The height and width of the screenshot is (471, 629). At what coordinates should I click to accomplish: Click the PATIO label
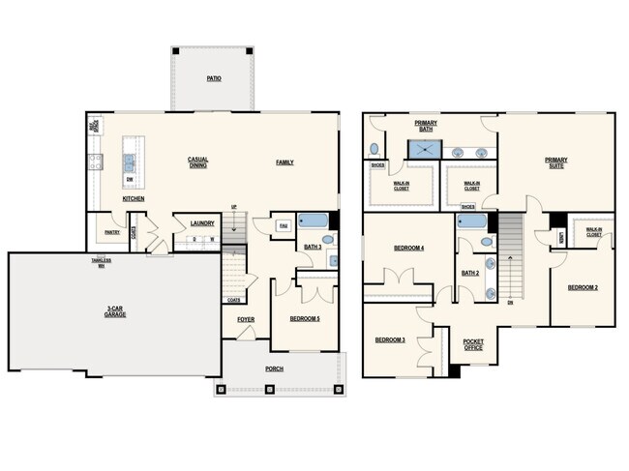213,77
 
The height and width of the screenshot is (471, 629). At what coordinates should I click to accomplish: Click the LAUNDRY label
201,221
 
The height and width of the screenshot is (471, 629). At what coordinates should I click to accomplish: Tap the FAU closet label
284,225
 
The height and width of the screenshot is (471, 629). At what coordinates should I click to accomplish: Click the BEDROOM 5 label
305,318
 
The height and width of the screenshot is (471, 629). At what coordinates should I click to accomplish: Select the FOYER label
247,318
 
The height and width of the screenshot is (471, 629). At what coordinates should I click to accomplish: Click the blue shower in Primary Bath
422,149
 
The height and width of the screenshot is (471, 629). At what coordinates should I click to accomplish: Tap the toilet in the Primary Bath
374,150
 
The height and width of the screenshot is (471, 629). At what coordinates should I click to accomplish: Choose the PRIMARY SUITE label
555,162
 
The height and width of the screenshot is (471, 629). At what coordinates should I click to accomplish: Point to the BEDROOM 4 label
409,249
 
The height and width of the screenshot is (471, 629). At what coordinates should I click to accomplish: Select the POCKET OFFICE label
473,344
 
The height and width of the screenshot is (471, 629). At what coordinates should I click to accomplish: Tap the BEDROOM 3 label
390,339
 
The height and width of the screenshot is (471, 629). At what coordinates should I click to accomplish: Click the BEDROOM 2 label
583,287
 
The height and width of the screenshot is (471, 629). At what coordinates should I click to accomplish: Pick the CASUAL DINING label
197,162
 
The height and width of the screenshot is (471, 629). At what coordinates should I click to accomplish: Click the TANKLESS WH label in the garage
101,263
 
